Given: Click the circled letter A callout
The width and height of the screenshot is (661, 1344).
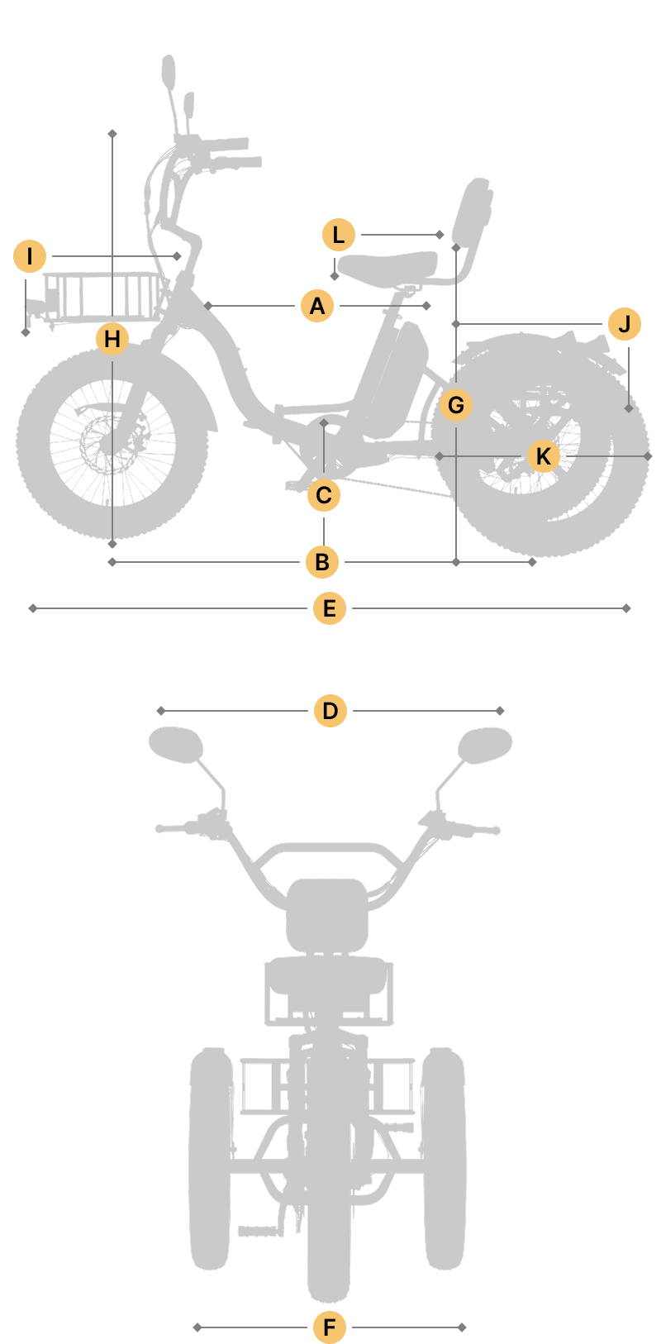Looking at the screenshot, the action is point(317,306).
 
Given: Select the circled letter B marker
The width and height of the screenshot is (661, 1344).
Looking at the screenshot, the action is point(322,562).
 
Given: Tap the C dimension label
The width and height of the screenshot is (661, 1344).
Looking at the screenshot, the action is point(324,496).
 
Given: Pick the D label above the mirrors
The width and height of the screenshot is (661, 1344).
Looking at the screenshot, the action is point(330,711).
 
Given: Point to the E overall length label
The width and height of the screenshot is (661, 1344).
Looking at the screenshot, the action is point(330,608).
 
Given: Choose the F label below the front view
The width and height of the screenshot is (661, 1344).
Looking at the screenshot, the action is point(330,1327).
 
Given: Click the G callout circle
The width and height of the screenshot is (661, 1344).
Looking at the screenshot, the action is point(456,405).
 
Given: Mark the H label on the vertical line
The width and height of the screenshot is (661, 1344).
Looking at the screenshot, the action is point(112,339).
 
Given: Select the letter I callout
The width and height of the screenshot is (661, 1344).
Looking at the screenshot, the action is point(30,256).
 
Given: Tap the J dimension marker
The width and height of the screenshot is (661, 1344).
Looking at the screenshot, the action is point(625,324).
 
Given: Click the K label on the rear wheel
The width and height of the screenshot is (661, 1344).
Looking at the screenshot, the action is point(544,456).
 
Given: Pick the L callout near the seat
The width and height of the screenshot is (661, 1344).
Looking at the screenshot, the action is point(339,235).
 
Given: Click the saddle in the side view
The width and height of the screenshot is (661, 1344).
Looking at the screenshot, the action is point(388,268).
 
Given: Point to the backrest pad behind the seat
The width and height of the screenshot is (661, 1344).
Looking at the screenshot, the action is point(473,210).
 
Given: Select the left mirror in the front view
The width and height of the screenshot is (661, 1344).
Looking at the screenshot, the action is point(176,745).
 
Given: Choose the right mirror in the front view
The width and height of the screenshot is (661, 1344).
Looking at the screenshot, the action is point(485,745).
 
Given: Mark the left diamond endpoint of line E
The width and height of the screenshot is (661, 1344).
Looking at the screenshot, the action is point(33,608).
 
